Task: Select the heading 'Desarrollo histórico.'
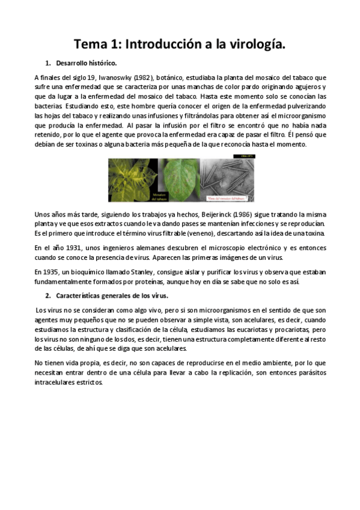tap(87, 63)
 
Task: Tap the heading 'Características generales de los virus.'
tap(112, 296)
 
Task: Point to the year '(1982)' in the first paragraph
tap(144, 78)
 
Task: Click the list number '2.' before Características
tap(48, 296)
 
